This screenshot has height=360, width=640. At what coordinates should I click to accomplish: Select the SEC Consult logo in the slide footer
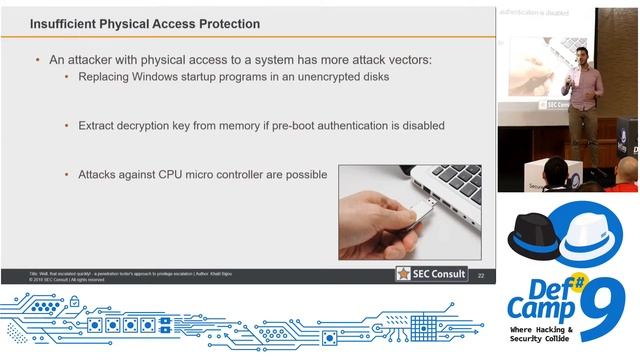pos(431,273)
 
